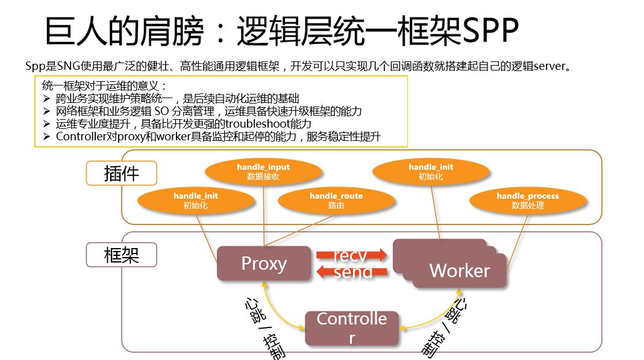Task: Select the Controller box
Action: [x=352, y=328]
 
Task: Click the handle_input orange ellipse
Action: [x=263, y=172]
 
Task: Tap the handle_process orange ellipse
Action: [x=528, y=200]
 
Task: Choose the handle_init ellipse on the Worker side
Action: [x=431, y=172]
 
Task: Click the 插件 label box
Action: [x=122, y=174]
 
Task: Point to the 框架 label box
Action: [x=122, y=255]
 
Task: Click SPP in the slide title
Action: [x=489, y=32]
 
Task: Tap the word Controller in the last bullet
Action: [x=81, y=137]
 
